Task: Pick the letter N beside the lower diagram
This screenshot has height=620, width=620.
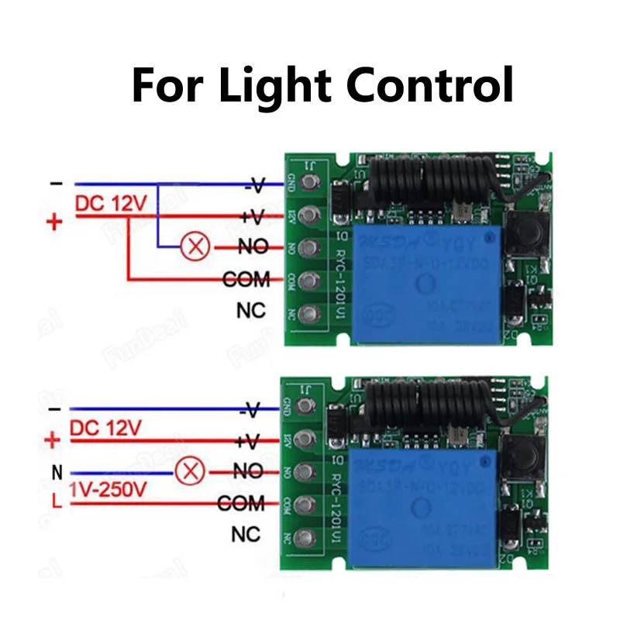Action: pos(57,471)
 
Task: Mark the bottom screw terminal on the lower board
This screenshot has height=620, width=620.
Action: pos(308,537)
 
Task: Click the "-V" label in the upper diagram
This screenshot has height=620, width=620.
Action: pos(256,185)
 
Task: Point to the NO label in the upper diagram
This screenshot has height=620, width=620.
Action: pos(253,247)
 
